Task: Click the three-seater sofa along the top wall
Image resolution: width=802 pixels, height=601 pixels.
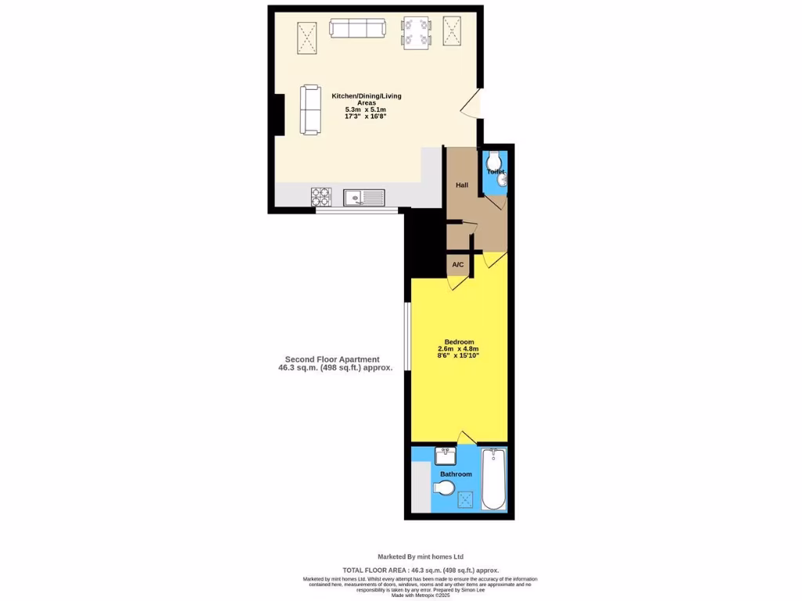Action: [x=357, y=29]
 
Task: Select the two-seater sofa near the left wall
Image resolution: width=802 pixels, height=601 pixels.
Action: [x=310, y=110]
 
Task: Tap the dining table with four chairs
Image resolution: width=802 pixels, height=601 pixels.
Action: [x=416, y=33]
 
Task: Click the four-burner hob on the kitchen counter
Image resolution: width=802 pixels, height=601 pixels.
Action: [x=321, y=196]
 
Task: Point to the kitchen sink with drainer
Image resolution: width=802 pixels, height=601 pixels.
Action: [x=363, y=196]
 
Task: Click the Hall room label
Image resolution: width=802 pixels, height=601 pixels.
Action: [x=462, y=185]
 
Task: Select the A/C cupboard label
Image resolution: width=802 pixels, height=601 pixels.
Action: [x=458, y=265]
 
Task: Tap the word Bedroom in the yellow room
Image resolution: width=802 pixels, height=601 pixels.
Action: [x=459, y=342]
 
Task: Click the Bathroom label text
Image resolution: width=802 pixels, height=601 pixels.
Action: [x=456, y=474]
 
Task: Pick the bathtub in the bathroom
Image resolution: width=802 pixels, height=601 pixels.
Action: [x=493, y=478]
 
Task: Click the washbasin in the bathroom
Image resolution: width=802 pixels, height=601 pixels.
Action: [x=445, y=455]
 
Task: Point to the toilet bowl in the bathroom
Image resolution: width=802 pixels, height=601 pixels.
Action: [x=443, y=489]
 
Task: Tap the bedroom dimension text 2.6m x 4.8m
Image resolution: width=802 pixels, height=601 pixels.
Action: [x=458, y=349]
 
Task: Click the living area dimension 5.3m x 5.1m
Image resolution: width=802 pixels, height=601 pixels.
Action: [x=366, y=110]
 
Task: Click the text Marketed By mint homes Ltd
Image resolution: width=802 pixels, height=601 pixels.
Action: [x=421, y=556]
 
